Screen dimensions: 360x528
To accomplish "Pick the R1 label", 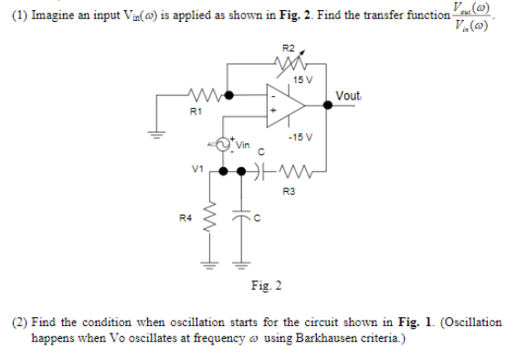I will coord(193,110).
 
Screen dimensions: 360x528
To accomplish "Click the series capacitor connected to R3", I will coord(265,172).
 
